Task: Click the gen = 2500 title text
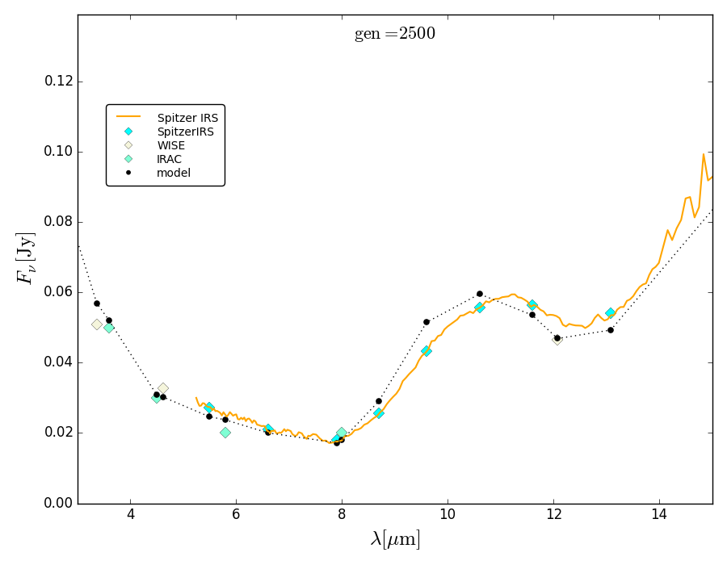[394, 34]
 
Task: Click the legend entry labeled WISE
[170, 145]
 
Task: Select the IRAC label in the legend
[169, 159]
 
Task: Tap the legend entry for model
[173, 173]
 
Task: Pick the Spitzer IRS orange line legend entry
[187, 118]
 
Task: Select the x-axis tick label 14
[659, 514]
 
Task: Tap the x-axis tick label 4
[131, 514]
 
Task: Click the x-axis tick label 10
[448, 514]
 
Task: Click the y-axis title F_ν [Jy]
[27, 258]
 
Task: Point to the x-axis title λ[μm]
[395, 538]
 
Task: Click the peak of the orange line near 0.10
[704, 153]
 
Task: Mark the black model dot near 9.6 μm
[427, 322]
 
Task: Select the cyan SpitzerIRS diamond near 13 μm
[611, 313]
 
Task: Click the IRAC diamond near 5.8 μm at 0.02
[225, 433]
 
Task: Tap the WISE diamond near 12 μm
[557, 340]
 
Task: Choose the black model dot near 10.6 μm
[479, 294]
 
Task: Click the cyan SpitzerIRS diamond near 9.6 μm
[426, 351]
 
